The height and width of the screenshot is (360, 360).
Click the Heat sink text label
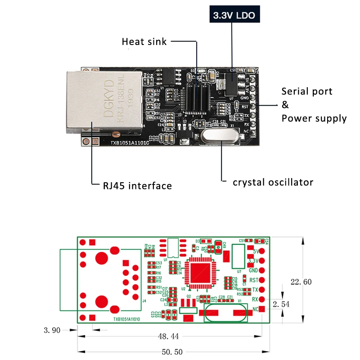pyautogui.click(x=144, y=42)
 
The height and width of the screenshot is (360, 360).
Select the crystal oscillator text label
pyautogui.click(x=273, y=182)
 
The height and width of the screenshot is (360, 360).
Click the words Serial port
pyautogui.click(x=307, y=91)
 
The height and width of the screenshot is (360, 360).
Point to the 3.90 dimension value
pyautogui.click(x=52, y=330)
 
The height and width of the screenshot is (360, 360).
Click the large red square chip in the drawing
pyautogui.click(x=198, y=273)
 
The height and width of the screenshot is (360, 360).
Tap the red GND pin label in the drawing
pyautogui.click(x=253, y=270)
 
